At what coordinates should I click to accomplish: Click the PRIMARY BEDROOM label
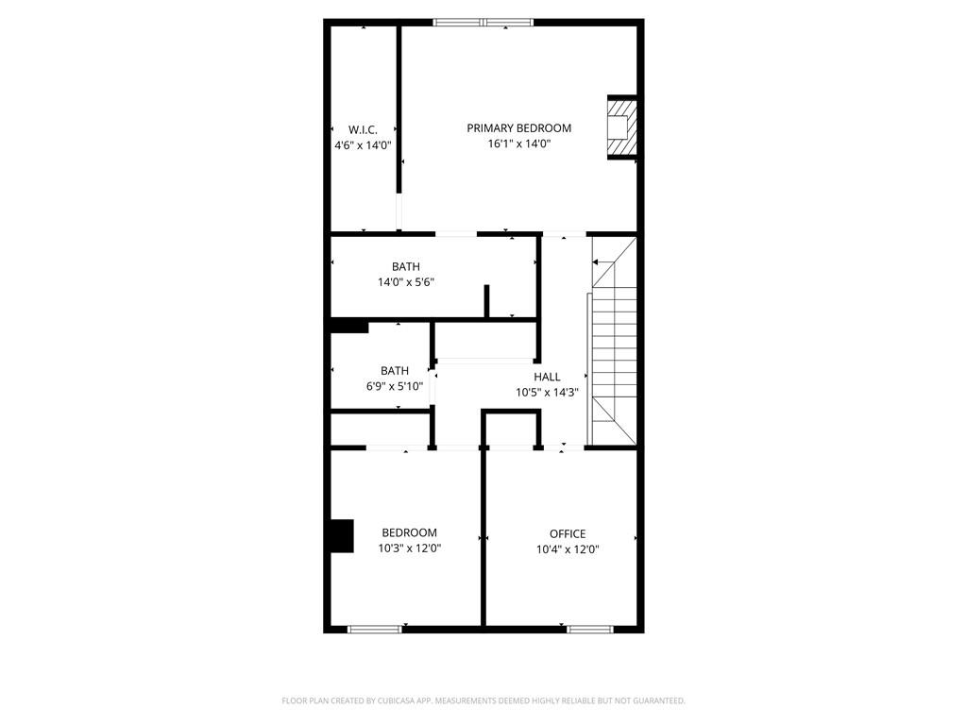(x=518, y=128)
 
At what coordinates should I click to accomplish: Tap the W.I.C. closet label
(x=363, y=129)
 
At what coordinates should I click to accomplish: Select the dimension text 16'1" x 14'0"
(x=518, y=144)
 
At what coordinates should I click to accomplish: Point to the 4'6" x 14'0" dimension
(x=363, y=145)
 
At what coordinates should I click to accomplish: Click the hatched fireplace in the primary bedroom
(x=620, y=127)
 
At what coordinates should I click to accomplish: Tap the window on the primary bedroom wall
(x=483, y=23)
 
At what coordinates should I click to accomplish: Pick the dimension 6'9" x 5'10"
(x=395, y=387)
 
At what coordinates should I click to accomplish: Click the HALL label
(x=547, y=377)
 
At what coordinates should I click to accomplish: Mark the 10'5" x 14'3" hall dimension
(x=547, y=393)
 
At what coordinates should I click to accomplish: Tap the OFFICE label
(x=568, y=533)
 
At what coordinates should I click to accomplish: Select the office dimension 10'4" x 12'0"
(x=568, y=549)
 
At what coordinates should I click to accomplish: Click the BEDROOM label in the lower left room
(x=409, y=532)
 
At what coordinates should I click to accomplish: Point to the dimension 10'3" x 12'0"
(x=409, y=548)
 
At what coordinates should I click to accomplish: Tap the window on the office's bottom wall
(x=589, y=628)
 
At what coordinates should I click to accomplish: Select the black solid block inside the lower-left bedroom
(x=341, y=536)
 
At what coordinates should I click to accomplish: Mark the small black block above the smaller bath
(x=349, y=326)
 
